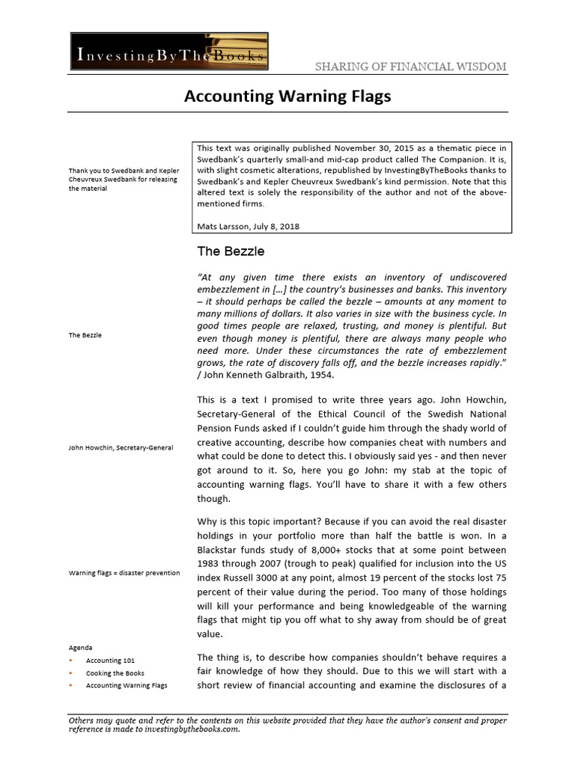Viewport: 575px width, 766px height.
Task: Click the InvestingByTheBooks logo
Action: pyautogui.click(x=169, y=53)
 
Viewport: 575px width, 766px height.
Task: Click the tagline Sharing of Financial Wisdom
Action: pyautogui.click(x=410, y=67)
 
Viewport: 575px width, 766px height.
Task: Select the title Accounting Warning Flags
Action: pyautogui.click(x=287, y=96)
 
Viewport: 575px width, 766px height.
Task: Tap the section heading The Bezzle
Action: pyautogui.click(x=230, y=251)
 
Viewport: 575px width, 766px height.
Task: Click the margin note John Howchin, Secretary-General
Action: pyautogui.click(x=121, y=447)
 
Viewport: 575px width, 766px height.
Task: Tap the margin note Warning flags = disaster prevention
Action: pyautogui.click(x=124, y=573)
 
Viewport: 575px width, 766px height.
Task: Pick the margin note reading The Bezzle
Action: pyautogui.click(x=85, y=335)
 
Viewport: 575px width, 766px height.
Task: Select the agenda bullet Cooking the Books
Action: pyautogui.click(x=115, y=673)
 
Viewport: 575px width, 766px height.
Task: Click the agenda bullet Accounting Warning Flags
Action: pyautogui.click(x=127, y=685)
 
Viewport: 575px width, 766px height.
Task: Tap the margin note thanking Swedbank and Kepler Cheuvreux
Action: pyautogui.click(x=124, y=180)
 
